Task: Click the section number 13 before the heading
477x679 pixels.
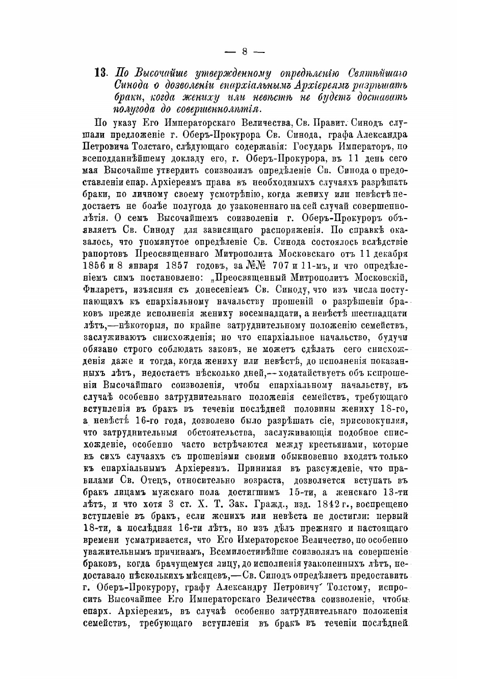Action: pyautogui.click(x=101, y=72)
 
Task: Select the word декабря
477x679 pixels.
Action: pyautogui.click(x=387, y=254)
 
